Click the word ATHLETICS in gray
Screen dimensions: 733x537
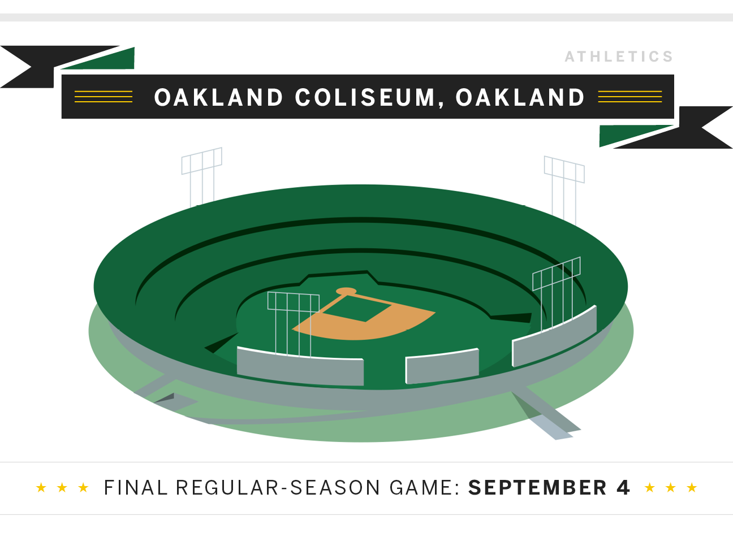coord(619,57)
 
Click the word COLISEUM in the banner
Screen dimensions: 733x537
coord(365,97)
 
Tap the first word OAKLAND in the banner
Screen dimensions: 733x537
coord(218,97)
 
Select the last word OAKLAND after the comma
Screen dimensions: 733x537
coord(520,97)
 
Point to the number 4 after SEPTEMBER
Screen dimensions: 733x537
coord(623,488)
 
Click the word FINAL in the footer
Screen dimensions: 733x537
coord(136,488)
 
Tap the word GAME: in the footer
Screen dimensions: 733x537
coord(424,488)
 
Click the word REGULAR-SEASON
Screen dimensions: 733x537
coord(278,488)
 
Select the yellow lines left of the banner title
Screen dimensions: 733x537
coord(104,97)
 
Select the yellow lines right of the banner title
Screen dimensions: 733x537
coord(630,97)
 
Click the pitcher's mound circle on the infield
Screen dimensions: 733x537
coord(346,291)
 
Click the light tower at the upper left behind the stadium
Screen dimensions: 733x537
coord(202,177)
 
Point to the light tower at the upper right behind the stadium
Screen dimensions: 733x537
coord(564,190)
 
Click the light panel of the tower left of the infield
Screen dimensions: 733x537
coord(293,301)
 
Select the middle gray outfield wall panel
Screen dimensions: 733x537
coord(442,366)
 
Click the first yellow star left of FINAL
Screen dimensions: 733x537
coord(41,487)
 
